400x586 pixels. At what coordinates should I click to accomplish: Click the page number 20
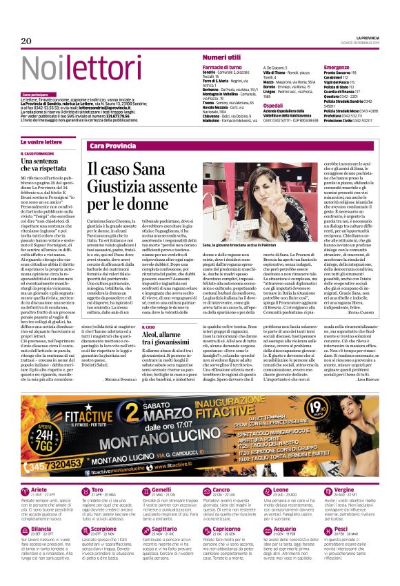(27, 41)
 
